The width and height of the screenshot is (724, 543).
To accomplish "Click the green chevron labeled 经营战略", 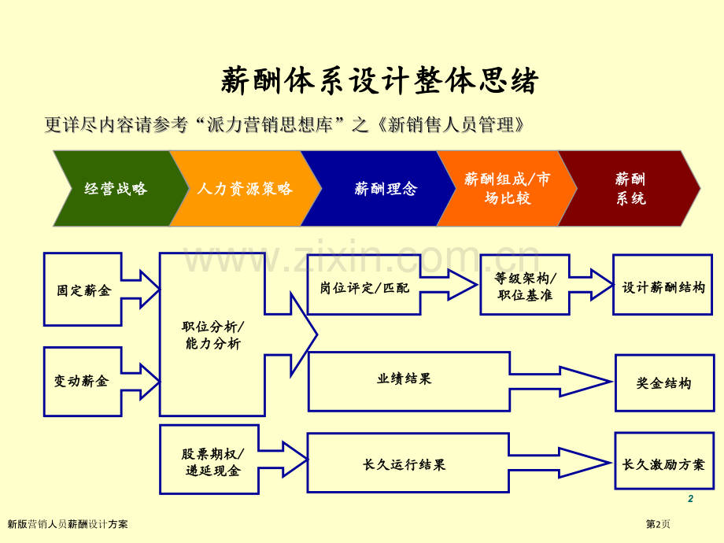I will (116, 189).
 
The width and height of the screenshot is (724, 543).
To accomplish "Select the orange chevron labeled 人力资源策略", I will (245, 189).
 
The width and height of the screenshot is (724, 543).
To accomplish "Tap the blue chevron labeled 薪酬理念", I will (386, 189).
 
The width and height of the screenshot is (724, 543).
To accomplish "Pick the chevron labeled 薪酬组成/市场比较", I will (508, 189).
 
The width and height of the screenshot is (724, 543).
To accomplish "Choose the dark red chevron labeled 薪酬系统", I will (630, 189).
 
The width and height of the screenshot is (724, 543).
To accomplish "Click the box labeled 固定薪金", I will (83, 290).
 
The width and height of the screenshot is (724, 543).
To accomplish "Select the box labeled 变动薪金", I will (82, 381).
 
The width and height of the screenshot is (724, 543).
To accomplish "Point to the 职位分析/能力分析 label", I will (212, 335).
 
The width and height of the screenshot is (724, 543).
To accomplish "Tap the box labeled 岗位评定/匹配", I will (364, 288).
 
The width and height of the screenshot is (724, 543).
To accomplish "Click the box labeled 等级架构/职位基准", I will (525, 286).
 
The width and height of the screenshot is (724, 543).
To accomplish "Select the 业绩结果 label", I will (404, 379).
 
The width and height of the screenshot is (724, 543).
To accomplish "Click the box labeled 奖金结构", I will (664, 383).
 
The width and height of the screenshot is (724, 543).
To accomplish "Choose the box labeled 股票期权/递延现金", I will (210, 462).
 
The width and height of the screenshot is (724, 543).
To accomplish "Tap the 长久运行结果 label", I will (404, 465).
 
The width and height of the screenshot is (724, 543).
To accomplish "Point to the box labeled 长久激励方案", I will (663, 465).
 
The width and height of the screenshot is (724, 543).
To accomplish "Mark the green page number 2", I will (690, 499).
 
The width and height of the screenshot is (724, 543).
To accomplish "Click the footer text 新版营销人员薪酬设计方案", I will (68, 524).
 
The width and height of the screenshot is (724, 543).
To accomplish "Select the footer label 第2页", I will (658, 524).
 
